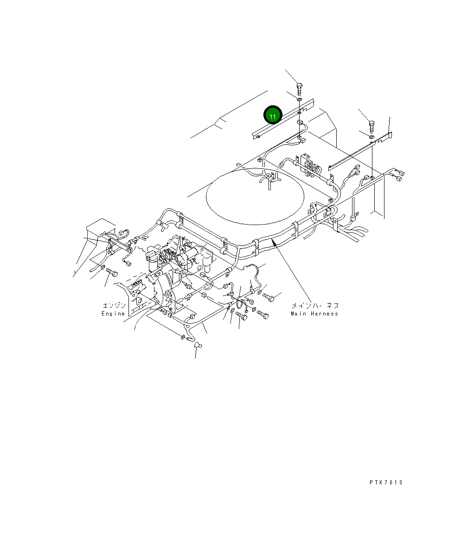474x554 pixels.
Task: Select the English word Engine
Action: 113,314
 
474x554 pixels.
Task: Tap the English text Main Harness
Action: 314,314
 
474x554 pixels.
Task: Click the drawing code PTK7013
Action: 386,483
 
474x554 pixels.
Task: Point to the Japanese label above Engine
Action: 114,306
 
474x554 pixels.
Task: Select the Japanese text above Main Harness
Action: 315,306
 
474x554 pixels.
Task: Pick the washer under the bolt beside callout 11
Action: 300,100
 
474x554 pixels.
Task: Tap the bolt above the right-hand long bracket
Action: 371,125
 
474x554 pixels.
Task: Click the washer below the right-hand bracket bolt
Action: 372,136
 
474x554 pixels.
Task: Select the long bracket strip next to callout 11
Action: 283,119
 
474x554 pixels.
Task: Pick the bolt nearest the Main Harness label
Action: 270,296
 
